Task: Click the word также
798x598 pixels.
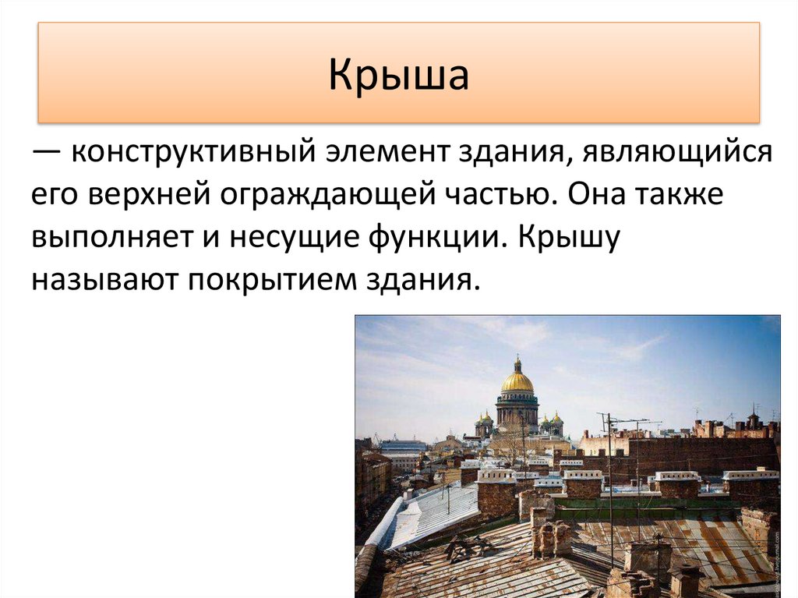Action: coord(681,195)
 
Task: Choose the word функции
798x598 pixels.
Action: coord(443,237)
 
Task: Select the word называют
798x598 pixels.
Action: coord(101,279)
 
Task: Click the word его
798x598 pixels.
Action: coord(53,195)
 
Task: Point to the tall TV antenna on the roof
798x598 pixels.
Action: coord(609,468)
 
